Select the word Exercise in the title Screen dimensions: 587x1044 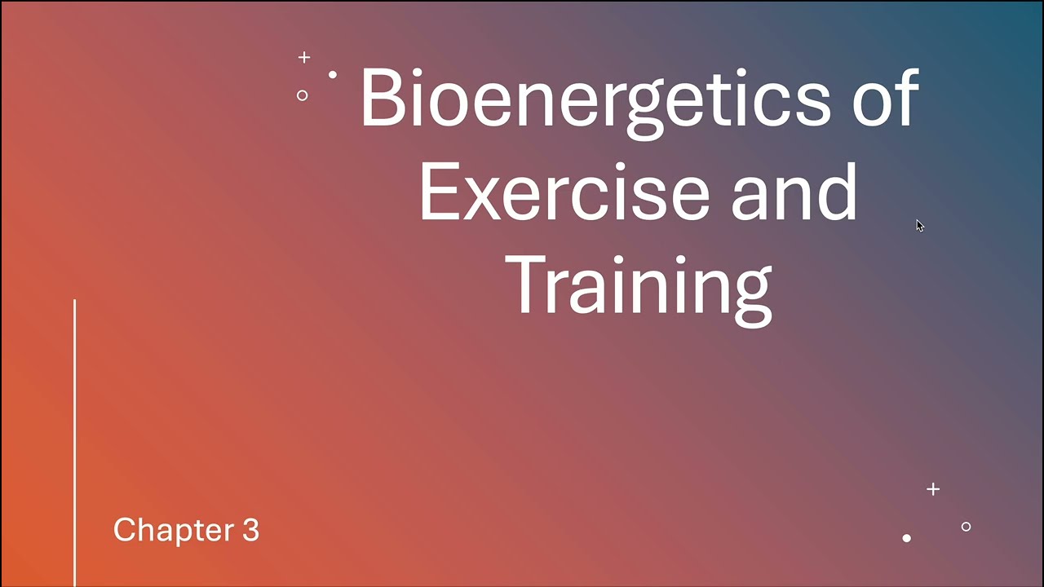(566, 192)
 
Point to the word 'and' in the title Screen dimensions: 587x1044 (794, 192)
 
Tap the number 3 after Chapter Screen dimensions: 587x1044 (250, 530)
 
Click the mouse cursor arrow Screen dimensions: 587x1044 (919, 226)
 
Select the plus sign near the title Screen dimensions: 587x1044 (304, 57)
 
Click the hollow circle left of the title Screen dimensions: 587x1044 (302, 95)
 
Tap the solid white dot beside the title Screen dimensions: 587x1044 (333, 75)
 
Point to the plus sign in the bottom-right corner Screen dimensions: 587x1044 (933, 489)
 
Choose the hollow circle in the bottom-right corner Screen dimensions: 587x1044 (966, 527)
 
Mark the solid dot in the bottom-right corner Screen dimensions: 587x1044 (906, 538)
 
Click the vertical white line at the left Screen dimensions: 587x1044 (74, 440)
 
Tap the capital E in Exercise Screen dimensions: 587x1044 (438, 192)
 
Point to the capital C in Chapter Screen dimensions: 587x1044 (124, 530)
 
